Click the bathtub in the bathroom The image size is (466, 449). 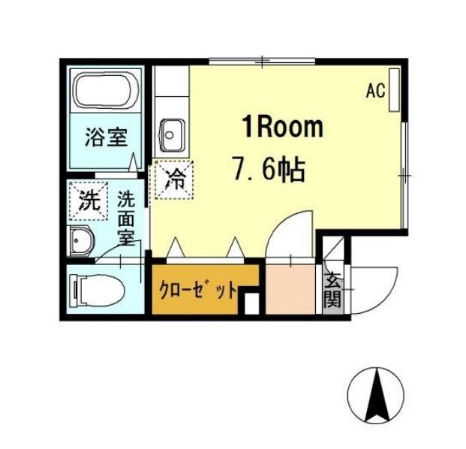(106, 90)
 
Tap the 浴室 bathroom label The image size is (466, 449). (107, 137)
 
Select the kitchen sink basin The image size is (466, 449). (172, 135)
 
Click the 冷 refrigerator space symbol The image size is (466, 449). (174, 179)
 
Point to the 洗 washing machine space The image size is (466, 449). (89, 200)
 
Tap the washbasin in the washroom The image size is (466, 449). (80, 240)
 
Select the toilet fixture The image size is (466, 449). (97, 291)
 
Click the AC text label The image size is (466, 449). (376, 91)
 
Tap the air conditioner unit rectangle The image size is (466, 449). (394, 90)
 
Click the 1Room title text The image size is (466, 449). (283, 127)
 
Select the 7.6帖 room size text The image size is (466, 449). (269, 170)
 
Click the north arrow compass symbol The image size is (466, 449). (376, 396)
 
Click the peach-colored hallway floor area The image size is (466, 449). (290, 289)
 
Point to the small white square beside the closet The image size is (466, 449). (251, 303)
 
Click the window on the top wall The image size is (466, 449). (262, 62)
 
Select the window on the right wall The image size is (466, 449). (404, 175)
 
